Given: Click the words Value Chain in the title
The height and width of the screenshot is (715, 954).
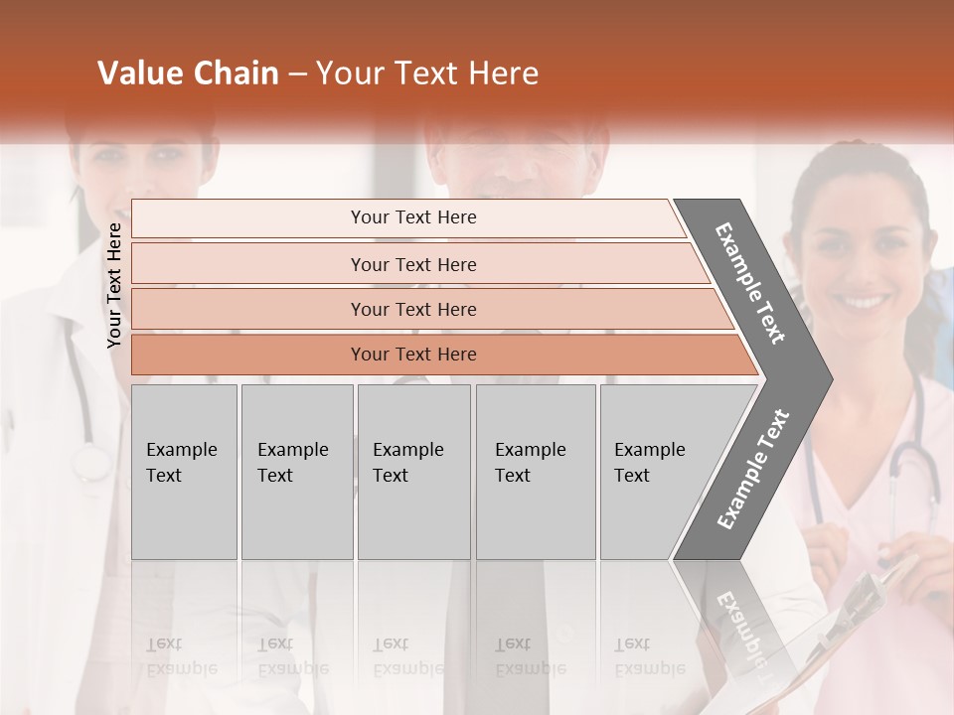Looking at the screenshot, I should tap(188, 73).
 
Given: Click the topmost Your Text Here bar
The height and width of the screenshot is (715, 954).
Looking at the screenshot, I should tap(412, 217).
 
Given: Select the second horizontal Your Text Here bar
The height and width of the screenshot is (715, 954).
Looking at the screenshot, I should tap(412, 264).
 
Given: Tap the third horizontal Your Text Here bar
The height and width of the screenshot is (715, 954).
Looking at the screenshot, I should tap(412, 309).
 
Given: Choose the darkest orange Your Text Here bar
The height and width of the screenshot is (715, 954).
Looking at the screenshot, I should tap(412, 355).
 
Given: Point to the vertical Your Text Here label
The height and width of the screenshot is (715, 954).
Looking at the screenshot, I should tap(114, 285).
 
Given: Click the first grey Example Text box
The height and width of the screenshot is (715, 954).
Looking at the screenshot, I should tap(184, 471).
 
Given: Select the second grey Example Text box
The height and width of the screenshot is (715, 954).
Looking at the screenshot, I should tap(296, 471).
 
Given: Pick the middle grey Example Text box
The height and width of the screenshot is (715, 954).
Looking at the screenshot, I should tap(413, 471).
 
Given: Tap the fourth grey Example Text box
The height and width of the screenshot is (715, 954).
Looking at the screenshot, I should tap(535, 471).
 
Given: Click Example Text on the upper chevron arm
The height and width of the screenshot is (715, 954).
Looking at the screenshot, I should tap(751, 283).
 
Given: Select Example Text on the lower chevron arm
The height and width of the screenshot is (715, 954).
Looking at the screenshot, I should tap(753, 469).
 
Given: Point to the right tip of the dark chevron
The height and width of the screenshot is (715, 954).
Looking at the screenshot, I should tap(830, 378).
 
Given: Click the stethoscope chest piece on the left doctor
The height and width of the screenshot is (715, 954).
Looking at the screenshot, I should tap(91, 463).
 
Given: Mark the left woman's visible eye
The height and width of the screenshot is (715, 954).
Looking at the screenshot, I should tap(167, 153).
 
